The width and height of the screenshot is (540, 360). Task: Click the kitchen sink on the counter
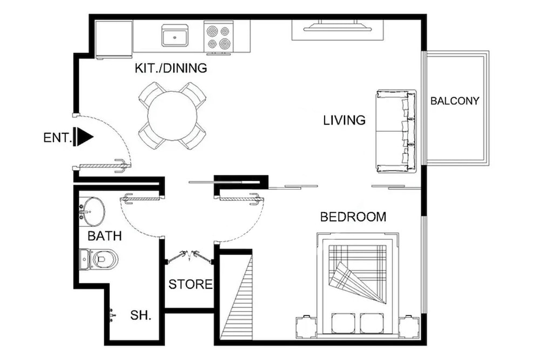point(175,35)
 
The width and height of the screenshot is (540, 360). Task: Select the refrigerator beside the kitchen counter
point(114,39)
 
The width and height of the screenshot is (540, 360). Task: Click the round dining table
point(172,116)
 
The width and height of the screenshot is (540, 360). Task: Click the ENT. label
point(57,138)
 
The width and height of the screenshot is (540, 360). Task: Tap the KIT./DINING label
point(171,68)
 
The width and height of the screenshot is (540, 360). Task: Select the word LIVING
point(345,120)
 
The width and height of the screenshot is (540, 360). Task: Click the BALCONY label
point(455,101)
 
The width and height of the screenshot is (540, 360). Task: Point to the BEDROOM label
point(353,217)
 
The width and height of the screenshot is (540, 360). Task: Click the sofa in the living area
point(396,131)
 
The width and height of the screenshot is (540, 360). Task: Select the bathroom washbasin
point(92,212)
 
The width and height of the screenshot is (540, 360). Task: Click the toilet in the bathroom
point(99,259)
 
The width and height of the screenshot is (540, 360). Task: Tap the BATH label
point(105,236)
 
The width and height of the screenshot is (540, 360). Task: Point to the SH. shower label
point(141,315)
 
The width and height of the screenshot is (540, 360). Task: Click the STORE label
point(191,284)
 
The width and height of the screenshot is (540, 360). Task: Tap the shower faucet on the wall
point(112,315)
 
